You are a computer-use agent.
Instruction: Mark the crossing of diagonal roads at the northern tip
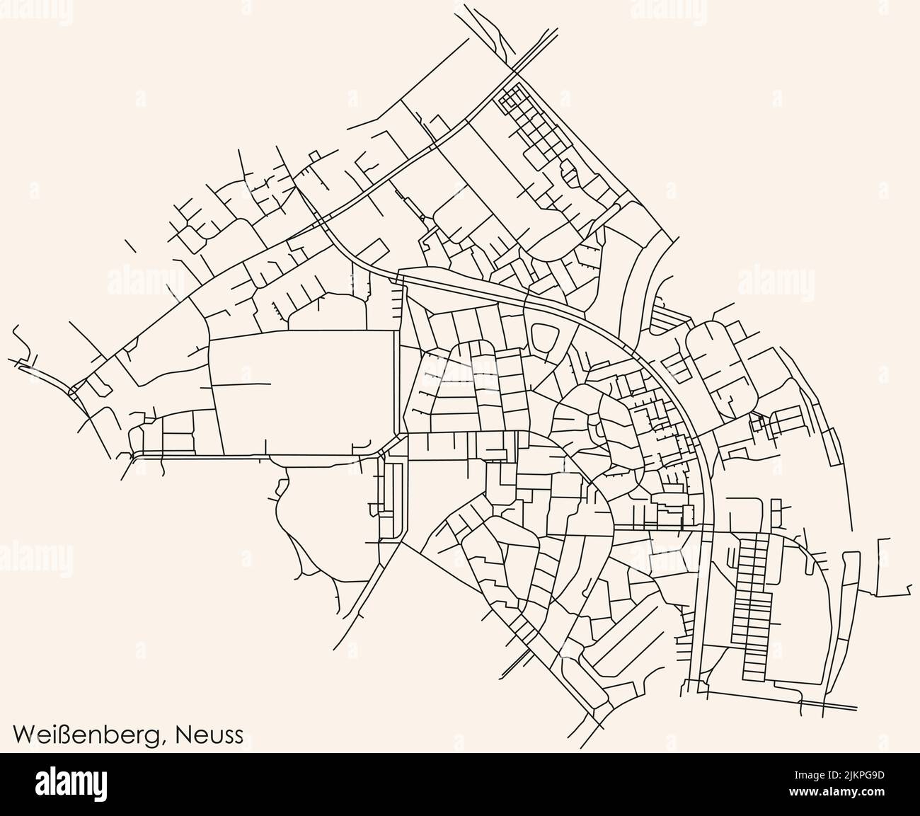(x=515, y=69)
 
